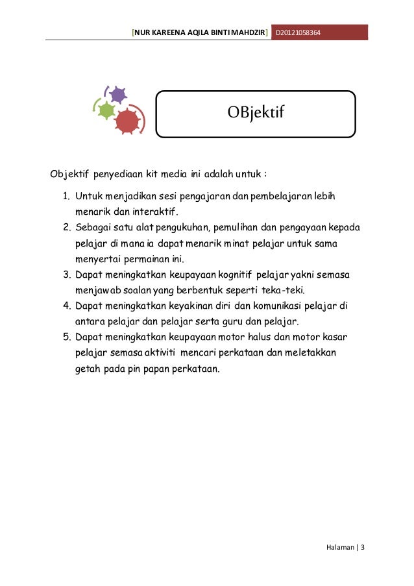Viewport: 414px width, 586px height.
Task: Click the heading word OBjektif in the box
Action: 256,114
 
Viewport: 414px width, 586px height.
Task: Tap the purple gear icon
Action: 117,95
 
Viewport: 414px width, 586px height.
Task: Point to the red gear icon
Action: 127,120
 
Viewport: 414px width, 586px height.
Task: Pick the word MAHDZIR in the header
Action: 249,32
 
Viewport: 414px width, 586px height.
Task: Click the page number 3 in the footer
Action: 363,546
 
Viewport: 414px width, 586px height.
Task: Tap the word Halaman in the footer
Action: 339,546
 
